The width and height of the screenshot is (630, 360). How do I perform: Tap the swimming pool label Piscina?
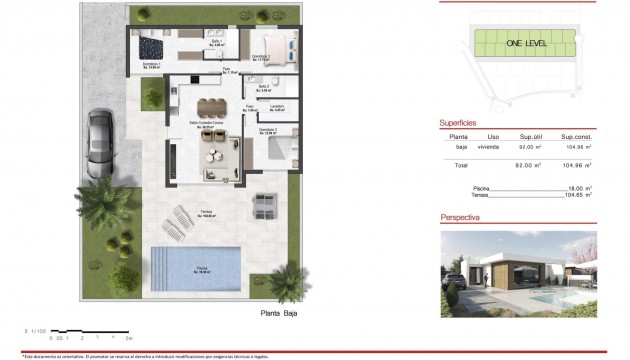click(x=202, y=266)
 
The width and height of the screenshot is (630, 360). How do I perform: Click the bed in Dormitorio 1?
click(x=150, y=46)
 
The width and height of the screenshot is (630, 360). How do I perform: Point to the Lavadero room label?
click(x=277, y=107)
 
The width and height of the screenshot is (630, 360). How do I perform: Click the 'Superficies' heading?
click(x=463, y=124)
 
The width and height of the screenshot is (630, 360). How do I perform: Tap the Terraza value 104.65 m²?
click(x=578, y=195)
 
